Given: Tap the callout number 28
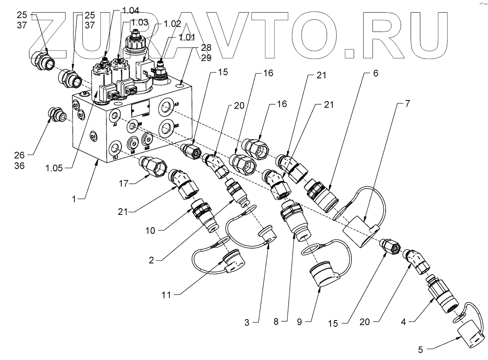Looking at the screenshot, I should pyautogui.click(x=206, y=47).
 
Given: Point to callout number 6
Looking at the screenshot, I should pyautogui.click(x=375, y=73).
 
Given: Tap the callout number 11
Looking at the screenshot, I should pyautogui.click(x=166, y=295).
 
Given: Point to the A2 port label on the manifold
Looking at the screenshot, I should pyautogui.click(x=177, y=106).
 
